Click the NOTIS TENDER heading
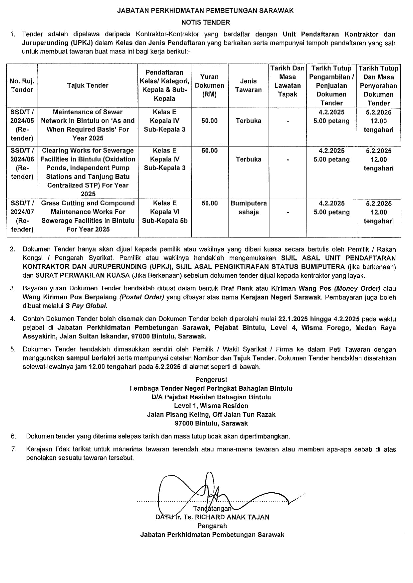click(205, 23)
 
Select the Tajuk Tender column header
click(88, 85)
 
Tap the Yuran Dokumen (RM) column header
click(210, 85)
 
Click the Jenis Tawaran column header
click(249, 85)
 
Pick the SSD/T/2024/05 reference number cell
click(22, 125)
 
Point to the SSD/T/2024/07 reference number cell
click(22, 216)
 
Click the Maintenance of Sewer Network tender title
click(88, 125)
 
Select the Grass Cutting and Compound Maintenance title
click(88, 216)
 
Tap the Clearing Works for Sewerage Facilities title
click(88, 172)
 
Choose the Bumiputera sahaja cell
click(249, 208)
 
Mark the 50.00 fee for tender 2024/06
click(210, 150)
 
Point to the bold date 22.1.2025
click(293, 319)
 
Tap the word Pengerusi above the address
click(211, 380)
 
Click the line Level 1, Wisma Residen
click(211, 406)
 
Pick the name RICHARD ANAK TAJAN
click(232, 517)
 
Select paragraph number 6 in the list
click(14, 436)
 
